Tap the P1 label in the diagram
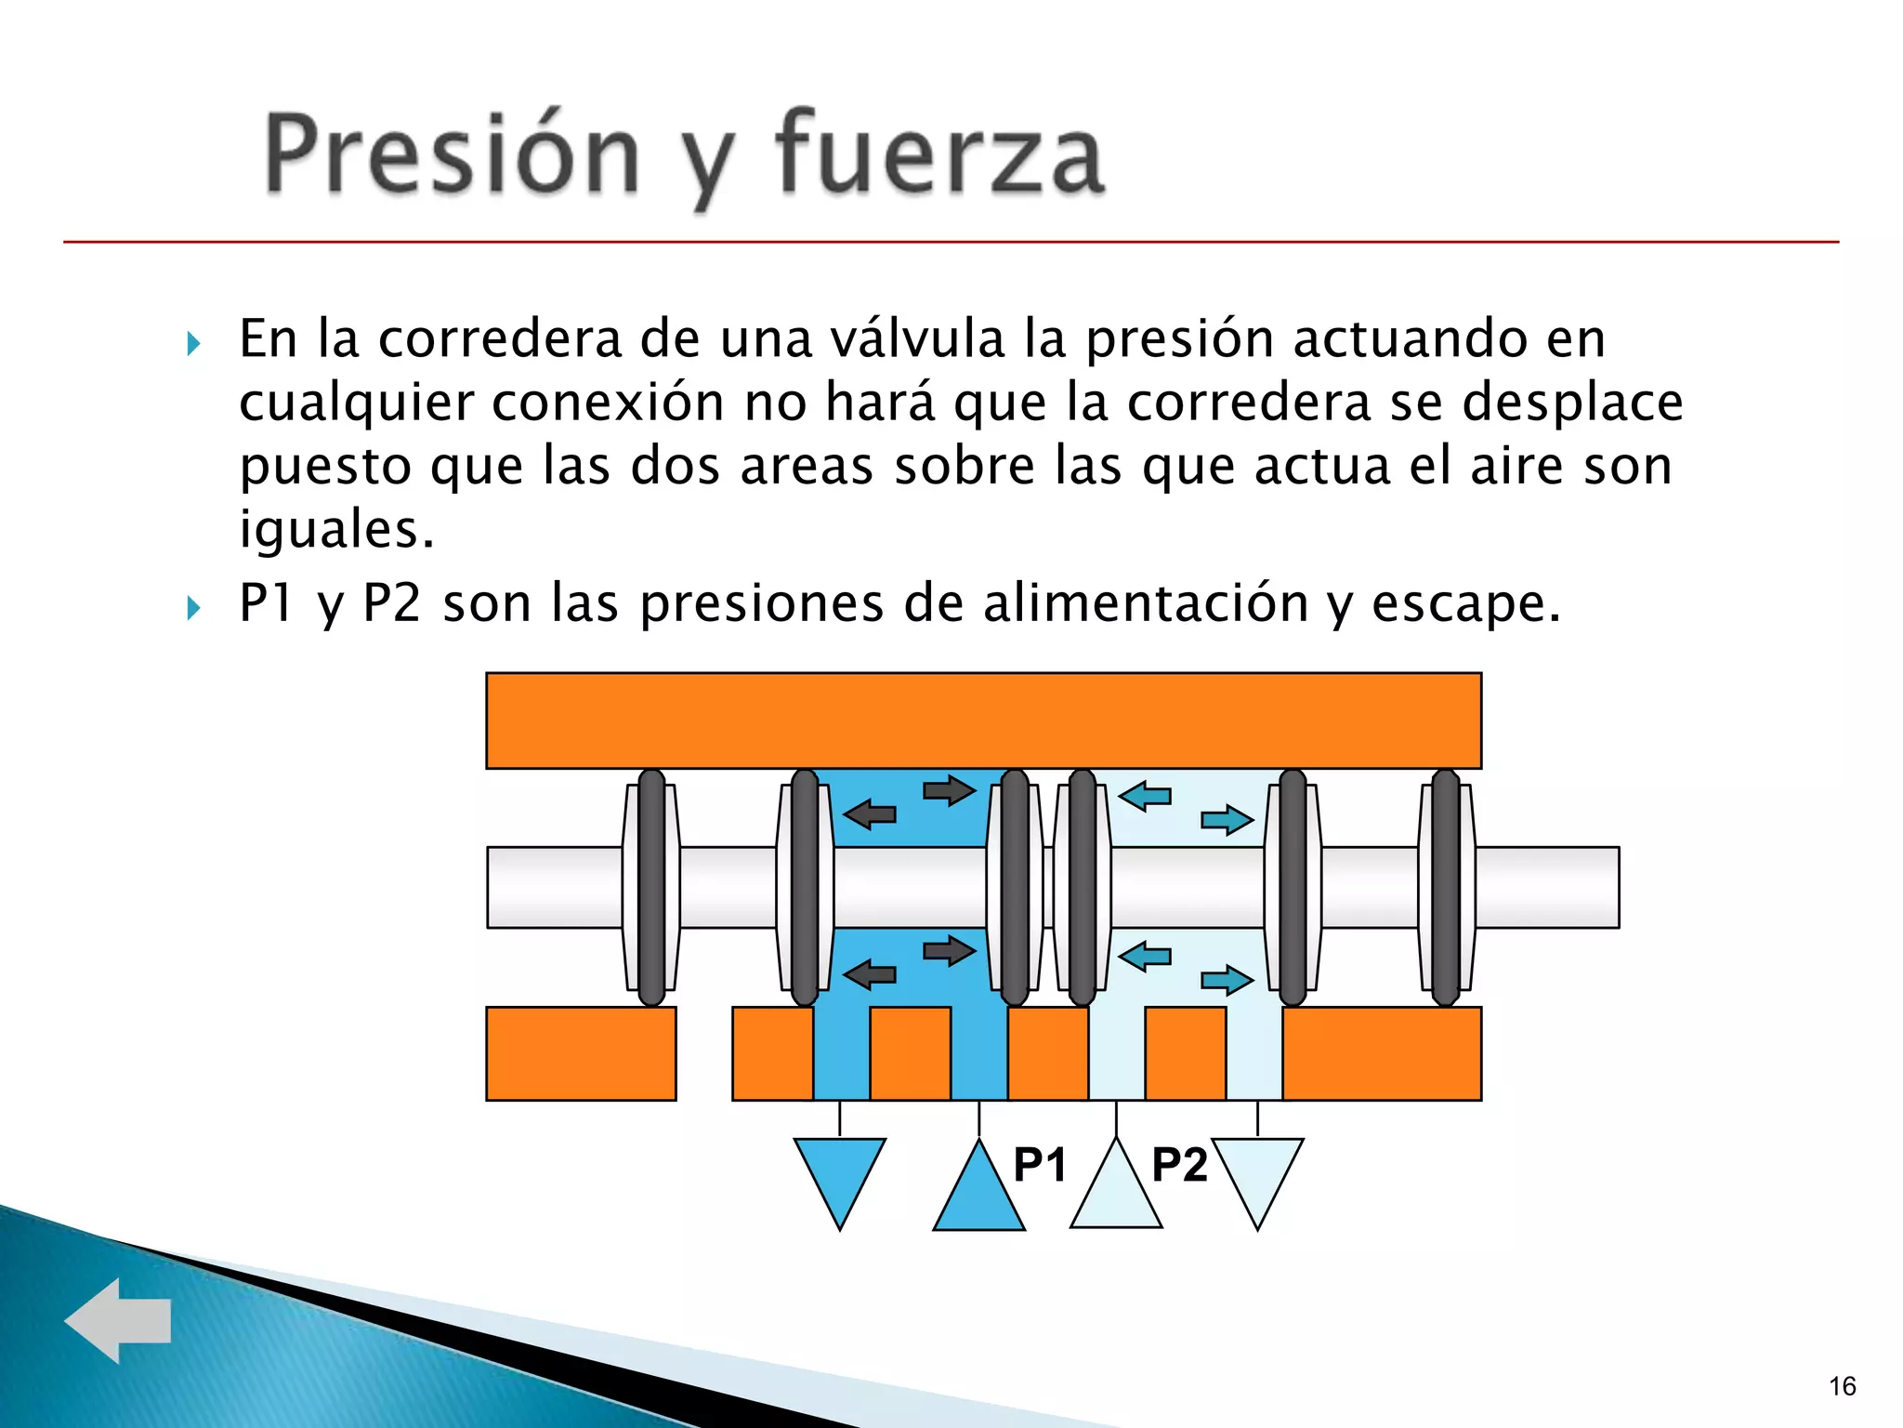click(1039, 1164)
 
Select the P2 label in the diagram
click(1179, 1164)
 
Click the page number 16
click(1842, 1386)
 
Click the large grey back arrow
click(118, 1320)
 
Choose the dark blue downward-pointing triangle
click(840, 1173)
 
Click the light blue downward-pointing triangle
click(1257, 1173)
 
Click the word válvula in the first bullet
click(917, 338)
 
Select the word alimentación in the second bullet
click(1146, 603)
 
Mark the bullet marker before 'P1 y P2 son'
click(193, 608)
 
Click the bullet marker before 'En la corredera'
click(193, 344)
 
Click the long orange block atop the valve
click(983, 721)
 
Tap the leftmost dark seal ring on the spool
click(651, 887)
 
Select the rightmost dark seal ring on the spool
click(1446, 887)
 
